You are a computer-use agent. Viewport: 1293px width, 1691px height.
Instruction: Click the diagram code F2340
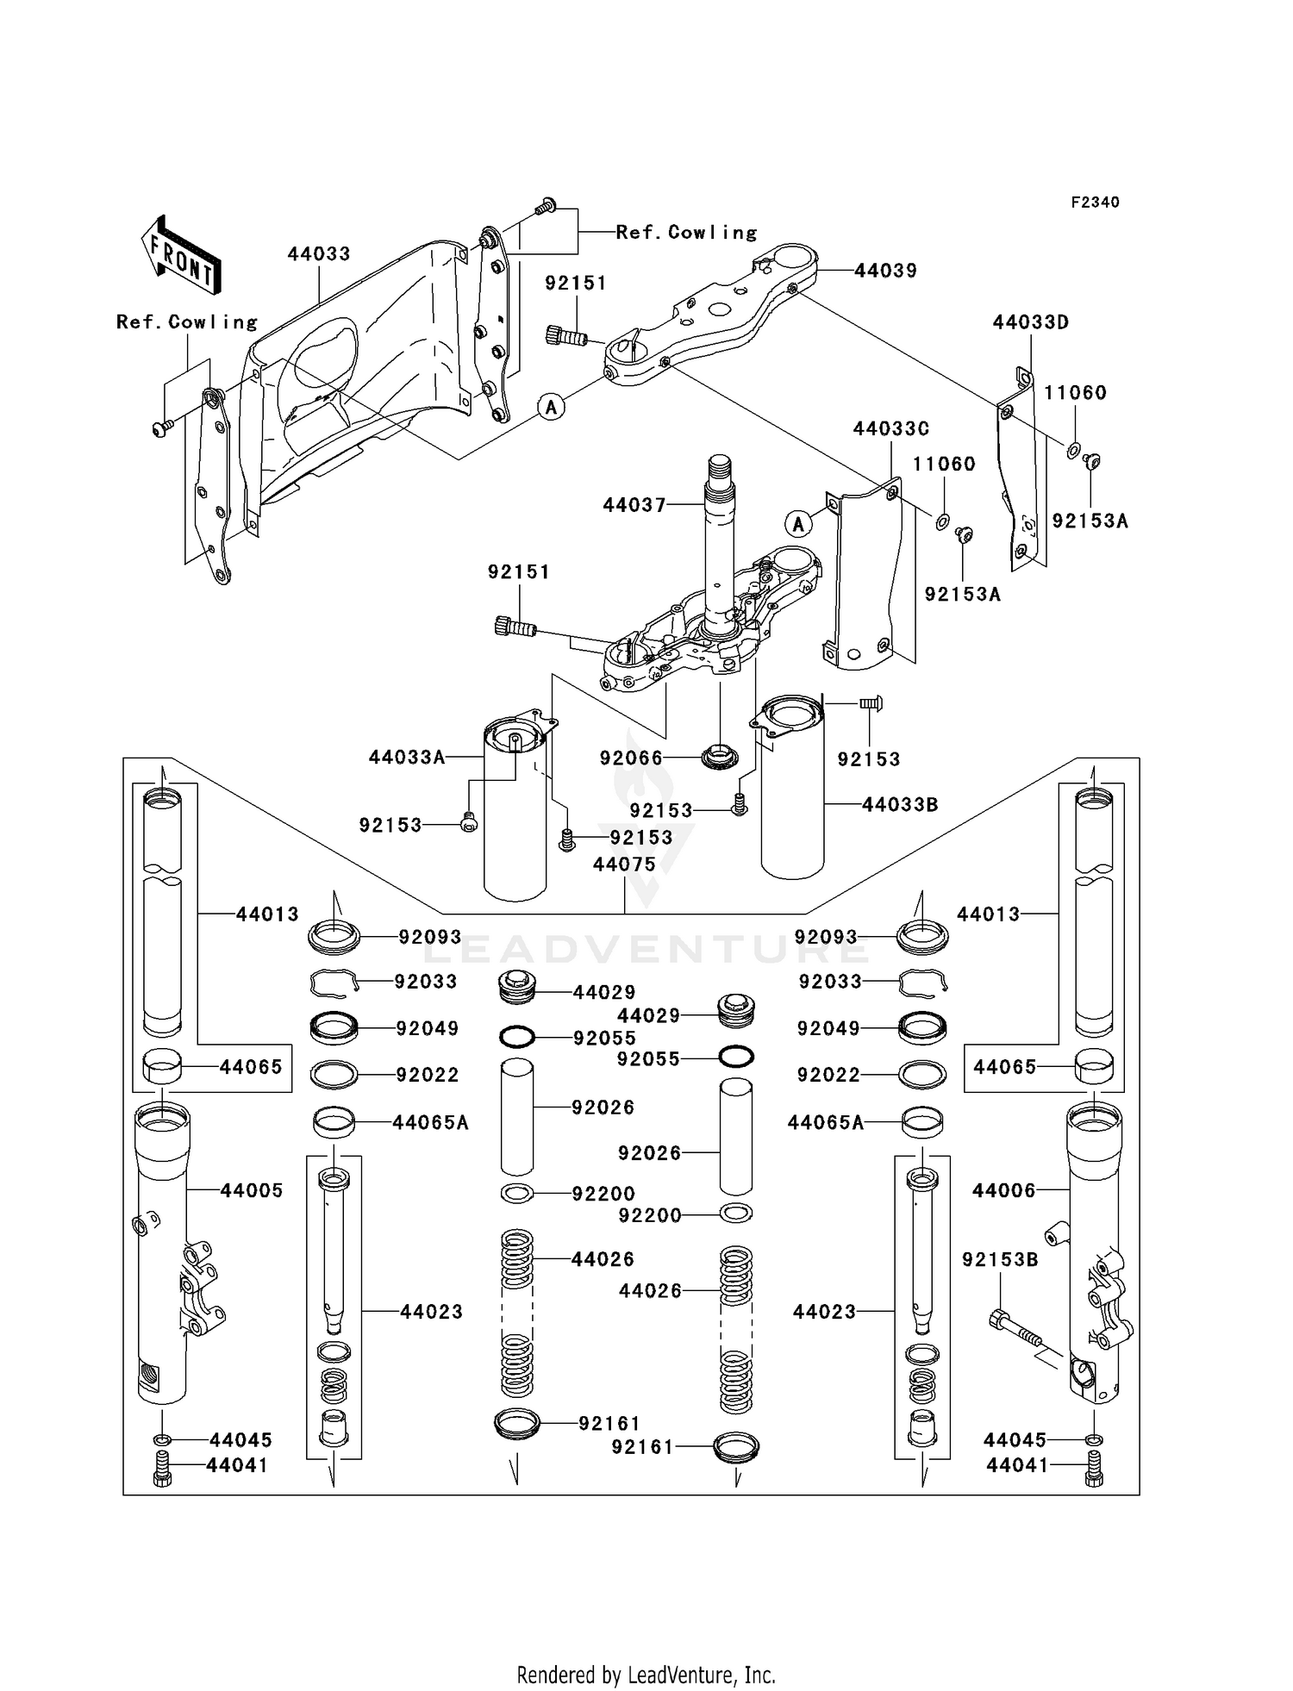[x=1095, y=203]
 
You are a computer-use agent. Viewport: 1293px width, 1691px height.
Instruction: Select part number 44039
[x=885, y=271]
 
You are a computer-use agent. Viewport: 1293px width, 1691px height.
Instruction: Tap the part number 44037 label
[x=634, y=505]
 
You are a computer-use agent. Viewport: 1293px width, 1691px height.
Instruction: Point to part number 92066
[x=631, y=758]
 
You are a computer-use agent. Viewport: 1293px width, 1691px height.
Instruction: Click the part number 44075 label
[x=624, y=864]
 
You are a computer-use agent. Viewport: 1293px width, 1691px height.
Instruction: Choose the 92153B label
[x=1000, y=1259]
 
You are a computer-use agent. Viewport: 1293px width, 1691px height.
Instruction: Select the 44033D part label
[x=1030, y=322]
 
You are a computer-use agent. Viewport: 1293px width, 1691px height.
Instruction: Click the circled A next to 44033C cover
[x=798, y=523]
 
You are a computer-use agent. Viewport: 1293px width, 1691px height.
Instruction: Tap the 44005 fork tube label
[x=252, y=1190]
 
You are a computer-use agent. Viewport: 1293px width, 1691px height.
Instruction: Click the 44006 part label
[x=1003, y=1190]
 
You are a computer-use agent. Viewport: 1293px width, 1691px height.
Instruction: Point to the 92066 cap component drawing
[x=721, y=758]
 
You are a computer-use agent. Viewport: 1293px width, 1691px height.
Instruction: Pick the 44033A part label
[x=407, y=758]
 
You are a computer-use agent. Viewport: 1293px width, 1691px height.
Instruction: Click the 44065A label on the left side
[x=430, y=1122]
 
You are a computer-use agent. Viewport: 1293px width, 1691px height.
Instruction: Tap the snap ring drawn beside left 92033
[x=333, y=982]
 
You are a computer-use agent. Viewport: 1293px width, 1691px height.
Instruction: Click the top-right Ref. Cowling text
[x=686, y=233]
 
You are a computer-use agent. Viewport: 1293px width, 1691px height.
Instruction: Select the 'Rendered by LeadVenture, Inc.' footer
[x=646, y=1674]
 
